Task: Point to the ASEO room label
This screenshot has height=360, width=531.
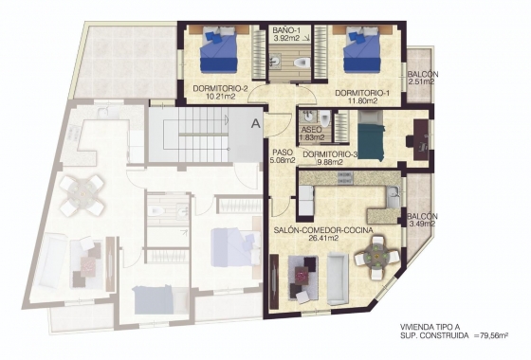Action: point(310,130)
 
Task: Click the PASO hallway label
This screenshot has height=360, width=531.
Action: point(282,153)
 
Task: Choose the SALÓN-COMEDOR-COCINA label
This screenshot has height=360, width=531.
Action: point(321,230)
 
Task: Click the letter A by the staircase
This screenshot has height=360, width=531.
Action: point(255,121)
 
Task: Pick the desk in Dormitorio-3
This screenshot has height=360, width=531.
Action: point(417,136)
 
